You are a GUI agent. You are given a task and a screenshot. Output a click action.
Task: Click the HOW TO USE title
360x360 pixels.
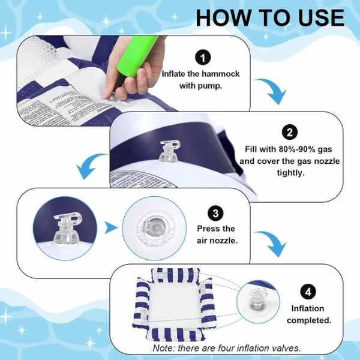270,17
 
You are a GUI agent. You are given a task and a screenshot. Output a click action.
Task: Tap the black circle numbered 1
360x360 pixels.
204,57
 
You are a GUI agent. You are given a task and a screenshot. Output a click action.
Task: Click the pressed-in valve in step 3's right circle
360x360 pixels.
151,229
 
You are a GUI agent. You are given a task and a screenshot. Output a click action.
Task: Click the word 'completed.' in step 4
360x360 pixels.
308,320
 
